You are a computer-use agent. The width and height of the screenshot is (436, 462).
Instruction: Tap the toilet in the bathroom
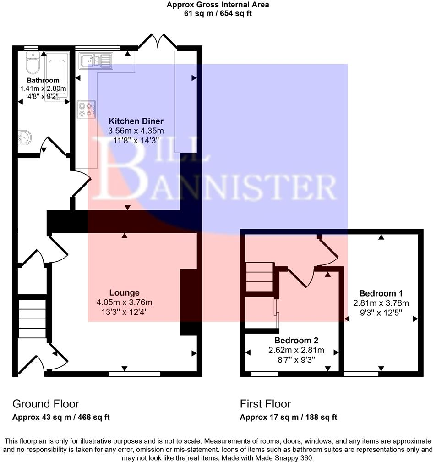pyautogui.click(x=32, y=65)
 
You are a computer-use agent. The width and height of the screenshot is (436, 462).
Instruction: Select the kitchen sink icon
pyautogui.click(x=95, y=60)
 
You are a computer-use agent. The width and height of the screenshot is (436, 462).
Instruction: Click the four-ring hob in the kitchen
pyautogui.click(x=87, y=109)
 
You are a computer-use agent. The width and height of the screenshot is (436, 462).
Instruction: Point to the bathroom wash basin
pyautogui.click(x=23, y=137)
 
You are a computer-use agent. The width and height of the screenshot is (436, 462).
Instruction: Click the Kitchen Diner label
pyautogui.click(x=136, y=121)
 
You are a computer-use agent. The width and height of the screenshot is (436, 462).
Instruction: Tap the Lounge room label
pyautogui.click(x=124, y=292)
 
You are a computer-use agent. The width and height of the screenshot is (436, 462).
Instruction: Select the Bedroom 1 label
pyautogui.click(x=381, y=293)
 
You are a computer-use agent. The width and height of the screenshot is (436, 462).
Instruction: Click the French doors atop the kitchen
pyautogui.click(x=157, y=43)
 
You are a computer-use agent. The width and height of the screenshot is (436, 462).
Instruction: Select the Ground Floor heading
pyautogui.click(x=46, y=404)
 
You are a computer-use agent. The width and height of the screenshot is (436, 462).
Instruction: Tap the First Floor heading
pyautogui.click(x=265, y=404)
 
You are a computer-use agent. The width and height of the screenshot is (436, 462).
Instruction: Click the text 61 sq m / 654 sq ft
pyautogui.click(x=217, y=13)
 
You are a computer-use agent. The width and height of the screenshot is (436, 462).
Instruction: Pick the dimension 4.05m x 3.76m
pyautogui.click(x=124, y=302)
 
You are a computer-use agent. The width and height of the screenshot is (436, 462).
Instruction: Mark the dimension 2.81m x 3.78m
pyautogui.click(x=381, y=303)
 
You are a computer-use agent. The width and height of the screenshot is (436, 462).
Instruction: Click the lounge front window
pyautogui.click(x=135, y=374)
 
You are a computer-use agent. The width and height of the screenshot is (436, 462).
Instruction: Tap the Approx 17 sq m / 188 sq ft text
pyautogui.click(x=288, y=417)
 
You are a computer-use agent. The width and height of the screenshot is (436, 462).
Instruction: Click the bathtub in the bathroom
pyautogui.click(x=56, y=73)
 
